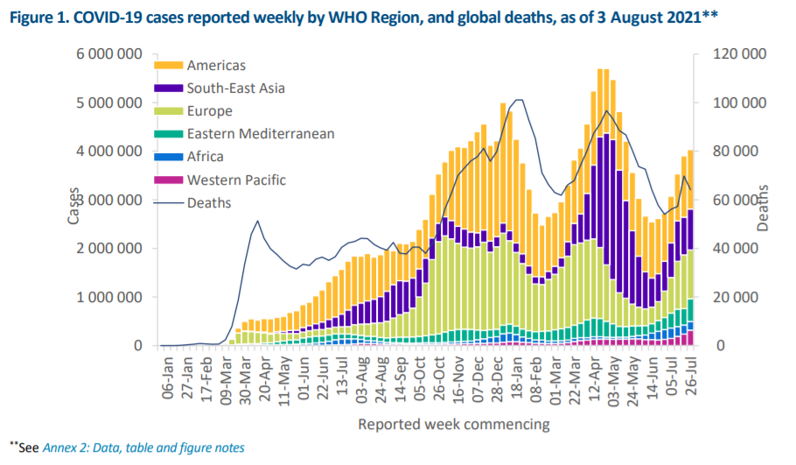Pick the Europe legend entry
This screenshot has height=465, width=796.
[x=209, y=111]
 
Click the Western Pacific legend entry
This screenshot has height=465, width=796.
[x=235, y=180]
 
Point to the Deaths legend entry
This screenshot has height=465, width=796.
[x=208, y=202]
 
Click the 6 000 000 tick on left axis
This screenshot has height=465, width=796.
[x=109, y=53]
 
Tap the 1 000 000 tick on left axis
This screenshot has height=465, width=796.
[x=109, y=297]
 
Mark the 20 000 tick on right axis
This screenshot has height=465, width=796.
[x=737, y=297]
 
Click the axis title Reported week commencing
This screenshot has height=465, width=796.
[x=453, y=425]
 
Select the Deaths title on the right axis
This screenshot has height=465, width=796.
[x=763, y=208]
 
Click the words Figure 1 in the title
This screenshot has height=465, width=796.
[x=39, y=16]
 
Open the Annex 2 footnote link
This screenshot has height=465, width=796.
[x=143, y=447]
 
